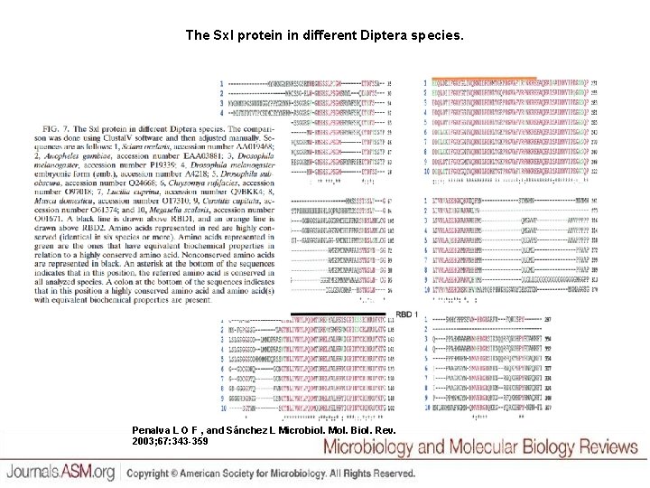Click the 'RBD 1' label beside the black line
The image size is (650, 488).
pyautogui.click(x=406, y=314)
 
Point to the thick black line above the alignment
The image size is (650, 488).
pyautogui.click(x=348, y=313)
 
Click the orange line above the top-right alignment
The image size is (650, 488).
pyautogui.click(x=483, y=78)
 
